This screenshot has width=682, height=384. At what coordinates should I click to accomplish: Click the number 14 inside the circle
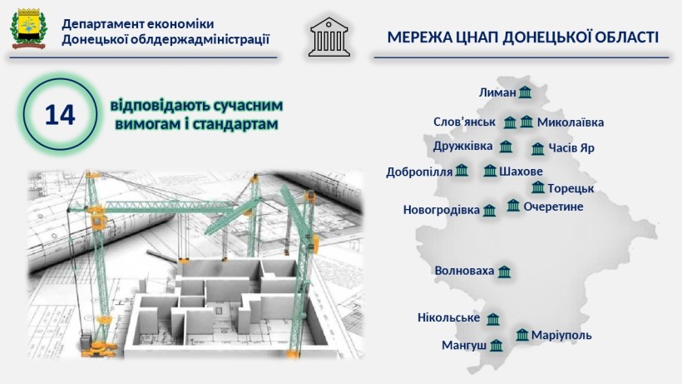click(60, 115)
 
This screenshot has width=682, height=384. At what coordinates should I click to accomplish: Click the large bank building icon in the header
click(329, 37)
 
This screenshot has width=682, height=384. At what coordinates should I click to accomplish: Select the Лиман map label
click(497, 92)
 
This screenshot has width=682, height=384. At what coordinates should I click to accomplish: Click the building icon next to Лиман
click(525, 92)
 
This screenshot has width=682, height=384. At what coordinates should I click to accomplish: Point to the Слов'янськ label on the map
click(464, 122)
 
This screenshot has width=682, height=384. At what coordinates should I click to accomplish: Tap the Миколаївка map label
click(571, 122)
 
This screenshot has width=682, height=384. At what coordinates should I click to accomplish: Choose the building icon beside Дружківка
click(506, 147)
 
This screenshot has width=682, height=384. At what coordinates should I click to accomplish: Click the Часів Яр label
click(571, 148)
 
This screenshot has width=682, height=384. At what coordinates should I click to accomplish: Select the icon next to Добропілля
click(462, 170)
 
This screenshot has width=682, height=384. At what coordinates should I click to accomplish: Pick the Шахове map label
click(521, 172)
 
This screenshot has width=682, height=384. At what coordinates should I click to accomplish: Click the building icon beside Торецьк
click(538, 187)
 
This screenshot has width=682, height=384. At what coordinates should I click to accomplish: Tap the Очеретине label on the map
click(553, 207)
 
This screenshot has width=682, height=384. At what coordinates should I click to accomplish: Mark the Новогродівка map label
click(441, 210)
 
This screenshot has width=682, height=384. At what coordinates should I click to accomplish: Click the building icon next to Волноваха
click(504, 272)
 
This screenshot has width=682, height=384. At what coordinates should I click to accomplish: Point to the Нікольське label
click(448, 317)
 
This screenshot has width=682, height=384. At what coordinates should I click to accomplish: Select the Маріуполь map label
click(561, 336)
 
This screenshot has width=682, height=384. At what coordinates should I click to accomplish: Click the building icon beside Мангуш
click(496, 346)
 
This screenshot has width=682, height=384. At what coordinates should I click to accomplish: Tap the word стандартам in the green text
click(235, 124)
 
